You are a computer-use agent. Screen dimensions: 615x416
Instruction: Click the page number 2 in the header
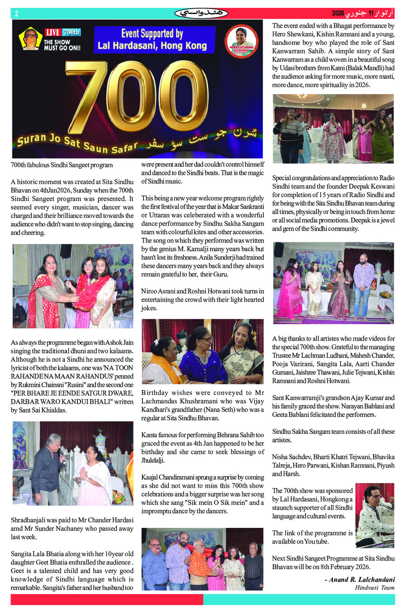pyautogui.click(x=16, y=14)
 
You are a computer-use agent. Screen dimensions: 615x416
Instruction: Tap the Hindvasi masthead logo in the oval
pyautogui.click(x=201, y=13)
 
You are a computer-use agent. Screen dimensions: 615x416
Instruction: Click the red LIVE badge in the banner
pyautogui.click(x=53, y=32)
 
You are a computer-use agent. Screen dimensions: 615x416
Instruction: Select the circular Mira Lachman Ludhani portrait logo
pyautogui.click(x=241, y=39)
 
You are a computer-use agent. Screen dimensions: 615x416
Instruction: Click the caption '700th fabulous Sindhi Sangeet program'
pyautogui.click(x=62, y=165)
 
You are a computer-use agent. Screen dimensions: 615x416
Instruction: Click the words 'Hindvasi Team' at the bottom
pyautogui.click(x=374, y=587)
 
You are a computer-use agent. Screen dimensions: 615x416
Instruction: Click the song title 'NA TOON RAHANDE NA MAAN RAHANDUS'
pyautogui.click(x=72, y=372)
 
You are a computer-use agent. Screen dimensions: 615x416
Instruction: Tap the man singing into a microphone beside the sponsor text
pyautogui.click(x=374, y=515)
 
